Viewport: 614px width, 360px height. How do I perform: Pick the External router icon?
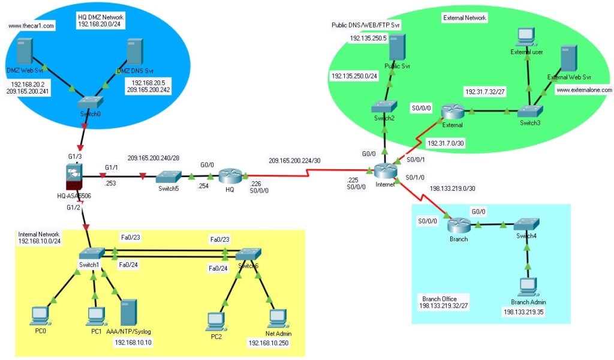[453, 112]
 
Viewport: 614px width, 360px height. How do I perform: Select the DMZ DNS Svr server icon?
[134, 53]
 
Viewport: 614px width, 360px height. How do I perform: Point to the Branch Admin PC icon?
[528, 286]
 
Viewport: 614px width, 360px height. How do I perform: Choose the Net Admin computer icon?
[277, 319]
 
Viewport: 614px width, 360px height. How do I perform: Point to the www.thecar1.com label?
[31, 26]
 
